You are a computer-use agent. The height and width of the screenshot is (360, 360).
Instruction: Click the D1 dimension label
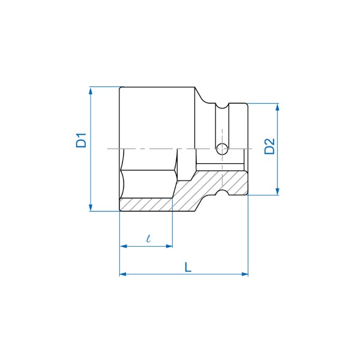[x=81, y=140]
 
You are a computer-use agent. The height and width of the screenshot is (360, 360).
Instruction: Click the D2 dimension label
[x=269, y=146]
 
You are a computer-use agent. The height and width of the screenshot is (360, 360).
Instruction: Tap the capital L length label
[x=188, y=267]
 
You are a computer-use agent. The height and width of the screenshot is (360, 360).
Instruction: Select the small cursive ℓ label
[x=148, y=239]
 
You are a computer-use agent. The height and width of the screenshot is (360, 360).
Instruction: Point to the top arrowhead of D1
[x=91, y=91]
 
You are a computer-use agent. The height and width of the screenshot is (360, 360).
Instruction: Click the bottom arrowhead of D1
[x=91, y=208]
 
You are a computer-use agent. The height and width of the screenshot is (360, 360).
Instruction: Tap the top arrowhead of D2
[x=277, y=107]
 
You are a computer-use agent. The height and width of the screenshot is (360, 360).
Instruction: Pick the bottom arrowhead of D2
[x=277, y=191]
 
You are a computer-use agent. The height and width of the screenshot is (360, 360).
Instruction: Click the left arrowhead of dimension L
[x=123, y=274]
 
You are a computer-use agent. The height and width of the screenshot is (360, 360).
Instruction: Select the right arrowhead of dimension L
[x=245, y=274]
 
